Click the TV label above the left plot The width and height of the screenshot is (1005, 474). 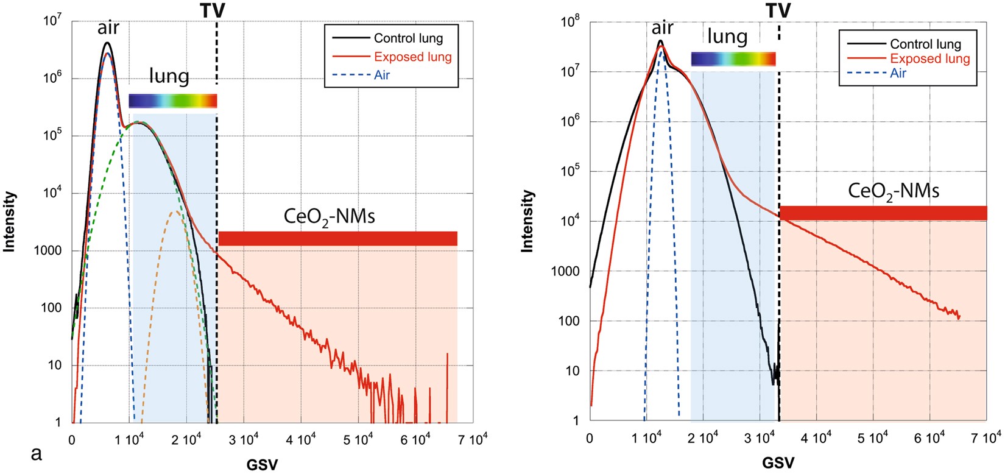(x=212, y=10)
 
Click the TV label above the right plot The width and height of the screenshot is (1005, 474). (x=778, y=10)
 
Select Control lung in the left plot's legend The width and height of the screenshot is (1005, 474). (x=408, y=38)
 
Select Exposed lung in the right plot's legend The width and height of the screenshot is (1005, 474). (x=929, y=59)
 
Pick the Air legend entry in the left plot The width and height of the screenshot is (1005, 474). (x=381, y=75)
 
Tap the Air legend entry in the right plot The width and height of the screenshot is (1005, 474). (x=898, y=73)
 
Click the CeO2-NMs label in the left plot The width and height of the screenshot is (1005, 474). (x=330, y=216)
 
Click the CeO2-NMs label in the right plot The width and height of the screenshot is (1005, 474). (x=894, y=191)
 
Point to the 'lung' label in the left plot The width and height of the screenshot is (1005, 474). (x=169, y=76)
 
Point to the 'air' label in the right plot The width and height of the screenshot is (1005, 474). (x=662, y=27)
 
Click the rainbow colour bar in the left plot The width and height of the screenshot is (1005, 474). (x=173, y=101)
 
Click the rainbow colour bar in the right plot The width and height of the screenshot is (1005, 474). (x=733, y=59)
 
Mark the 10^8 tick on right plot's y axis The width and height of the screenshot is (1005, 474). (x=570, y=22)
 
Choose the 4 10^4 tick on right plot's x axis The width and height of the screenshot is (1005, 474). (x=816, y=437)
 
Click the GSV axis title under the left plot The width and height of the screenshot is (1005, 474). (x=262, y=465)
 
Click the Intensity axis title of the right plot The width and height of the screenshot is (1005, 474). (x=527, y=221)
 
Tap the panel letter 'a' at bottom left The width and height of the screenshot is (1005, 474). (x=37, y=454)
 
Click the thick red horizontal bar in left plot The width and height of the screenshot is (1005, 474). (x=337, y=238)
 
